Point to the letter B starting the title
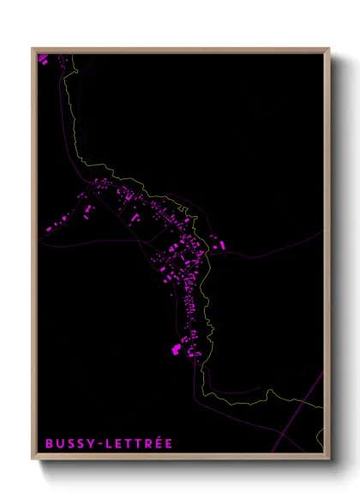[50, 443]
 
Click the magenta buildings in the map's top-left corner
[42, 58]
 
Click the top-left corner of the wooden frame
[33, 49]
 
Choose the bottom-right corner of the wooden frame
[328, 459]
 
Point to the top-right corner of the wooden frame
[328, 49]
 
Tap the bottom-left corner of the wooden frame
[33, 459]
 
